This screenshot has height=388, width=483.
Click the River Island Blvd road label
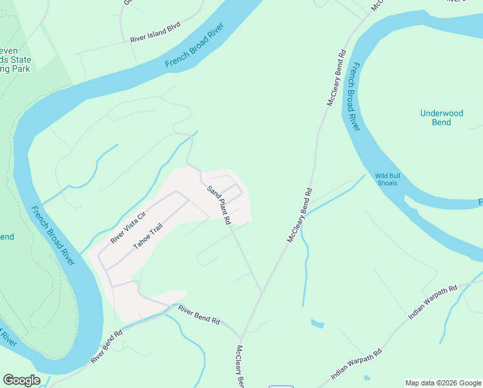pyautogui.click(x=155, y=33)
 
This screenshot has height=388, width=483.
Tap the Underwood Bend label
pyautogui.click(x=442, y=118)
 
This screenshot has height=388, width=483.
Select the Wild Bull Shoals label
pyautogui.click(x=386, y=179)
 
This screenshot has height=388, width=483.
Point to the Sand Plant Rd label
pyautogui.click(x=219, y=205)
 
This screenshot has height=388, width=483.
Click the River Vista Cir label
pyautogui.click(x=128, y=227)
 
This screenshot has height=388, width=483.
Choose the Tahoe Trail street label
pyautogui.click(x=148, y=236)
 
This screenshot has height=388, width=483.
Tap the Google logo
pyautogui.click(x=21, y=380)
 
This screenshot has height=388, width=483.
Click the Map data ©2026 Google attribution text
pyautogui.click(x=444, y=383)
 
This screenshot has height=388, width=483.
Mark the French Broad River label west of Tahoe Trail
pyautogui.click(x=53, y=235)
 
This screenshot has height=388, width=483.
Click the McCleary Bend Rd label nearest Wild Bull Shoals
pyautogui.click(x=300, y=215)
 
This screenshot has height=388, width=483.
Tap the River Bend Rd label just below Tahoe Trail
pyautogui.click(x=200, y=316)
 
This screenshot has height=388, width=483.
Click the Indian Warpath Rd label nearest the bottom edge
pyautogui.click(x=356, y=365)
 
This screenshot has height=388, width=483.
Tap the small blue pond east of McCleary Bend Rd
pyautogui.click(x=317, y=323)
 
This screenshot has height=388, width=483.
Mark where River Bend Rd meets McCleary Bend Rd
pyautogui.click(x=241, y=337)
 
